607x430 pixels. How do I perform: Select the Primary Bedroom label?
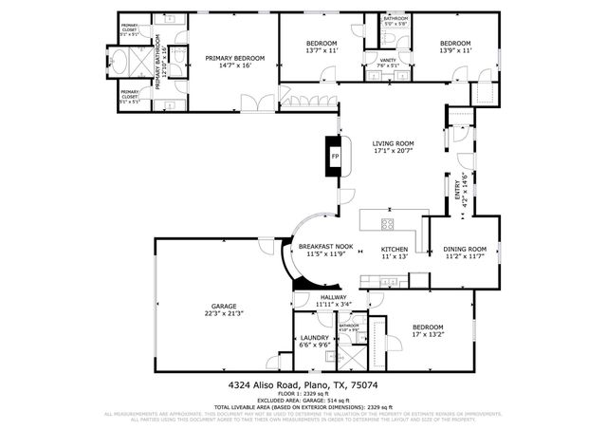[234, 58]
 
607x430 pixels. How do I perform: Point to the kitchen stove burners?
[388, 224]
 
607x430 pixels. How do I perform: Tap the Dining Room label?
[465, 249]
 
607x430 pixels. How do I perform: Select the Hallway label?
[333, 297]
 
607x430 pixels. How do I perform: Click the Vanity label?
[387, 60]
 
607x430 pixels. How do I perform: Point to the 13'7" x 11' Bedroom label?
[322, 45]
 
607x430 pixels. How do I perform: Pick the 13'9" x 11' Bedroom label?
[454, 44]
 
